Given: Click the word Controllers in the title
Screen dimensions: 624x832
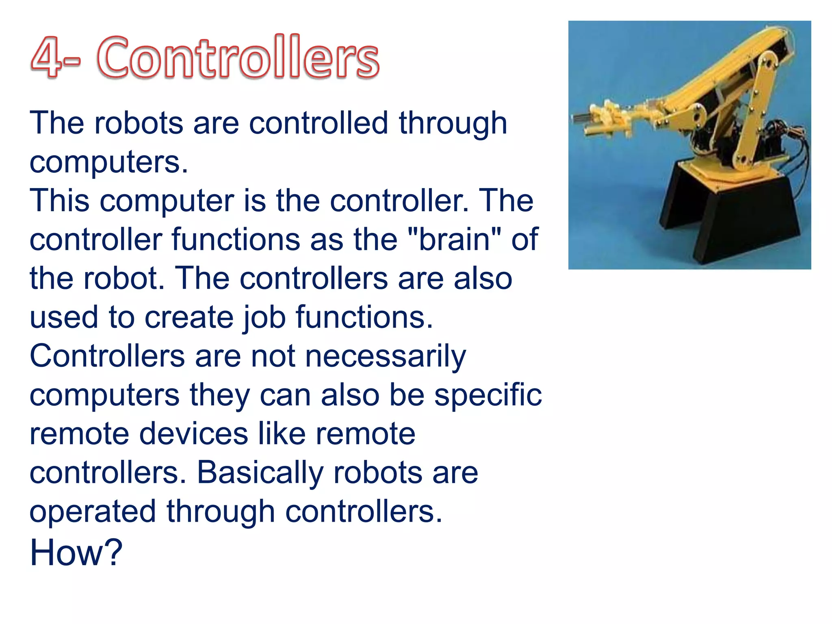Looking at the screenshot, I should (238, 58).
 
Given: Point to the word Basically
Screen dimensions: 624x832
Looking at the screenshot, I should (260, 472).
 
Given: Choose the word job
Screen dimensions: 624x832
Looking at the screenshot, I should (264, 317).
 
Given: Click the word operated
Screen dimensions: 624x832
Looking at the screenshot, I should (93, 511).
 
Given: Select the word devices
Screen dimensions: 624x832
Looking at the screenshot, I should (194, 433).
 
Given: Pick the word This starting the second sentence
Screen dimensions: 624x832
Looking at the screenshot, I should (59, 201).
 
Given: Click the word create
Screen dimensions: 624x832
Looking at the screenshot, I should (188, 317).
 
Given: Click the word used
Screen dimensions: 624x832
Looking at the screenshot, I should (64, 317).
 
